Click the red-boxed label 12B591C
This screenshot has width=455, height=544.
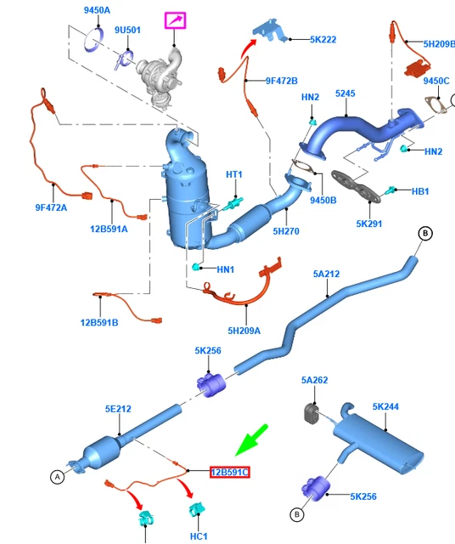pyautogui.click(x=230, y=473)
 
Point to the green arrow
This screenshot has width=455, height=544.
pyautogui.click(x=251, y=440)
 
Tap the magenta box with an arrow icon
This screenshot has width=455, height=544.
pyautogui.click(x=176, y=20)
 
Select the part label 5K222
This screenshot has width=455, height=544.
pyautogui.click(x=323, y=40)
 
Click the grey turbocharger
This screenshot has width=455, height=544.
pyautogui.click(x=160, y=76)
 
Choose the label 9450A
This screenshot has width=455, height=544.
pyautogui.click(x=97, y=10)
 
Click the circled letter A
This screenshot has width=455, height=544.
pyautogui.click(x=58, y=477)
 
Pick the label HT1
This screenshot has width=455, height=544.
pyautogui.click(x=234, y=174)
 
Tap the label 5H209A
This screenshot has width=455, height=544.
pyautogui.click(x=244, y=331)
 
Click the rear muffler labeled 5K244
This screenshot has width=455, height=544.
pyautogui.click(x=378, y=438)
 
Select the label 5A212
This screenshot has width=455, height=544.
pyautogui.click(x=327, y=274)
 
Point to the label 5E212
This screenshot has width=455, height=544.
pyautogui.click(x=118, y=409)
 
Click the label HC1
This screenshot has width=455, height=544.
pyautogui.click(x=199, y=536)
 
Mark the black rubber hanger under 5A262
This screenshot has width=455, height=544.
pyautogui.click(x=312, y=414)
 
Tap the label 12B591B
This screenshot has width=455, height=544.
pyautogui.click(x=99, y=323)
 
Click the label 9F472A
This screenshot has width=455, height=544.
pyautogui.click(x=51, y=207)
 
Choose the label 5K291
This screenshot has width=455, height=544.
pyautogui.click(x=369, y=224)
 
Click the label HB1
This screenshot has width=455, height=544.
pyautogui.click(x=420, y=191)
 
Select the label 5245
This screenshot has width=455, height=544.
pyautogui.click(x=345, y=93)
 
